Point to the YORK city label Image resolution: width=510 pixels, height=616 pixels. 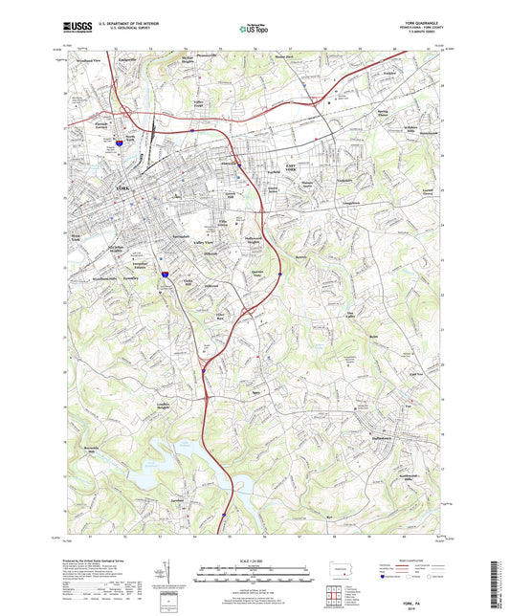[122, 189]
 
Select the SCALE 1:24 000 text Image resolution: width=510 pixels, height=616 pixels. [253, 560]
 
